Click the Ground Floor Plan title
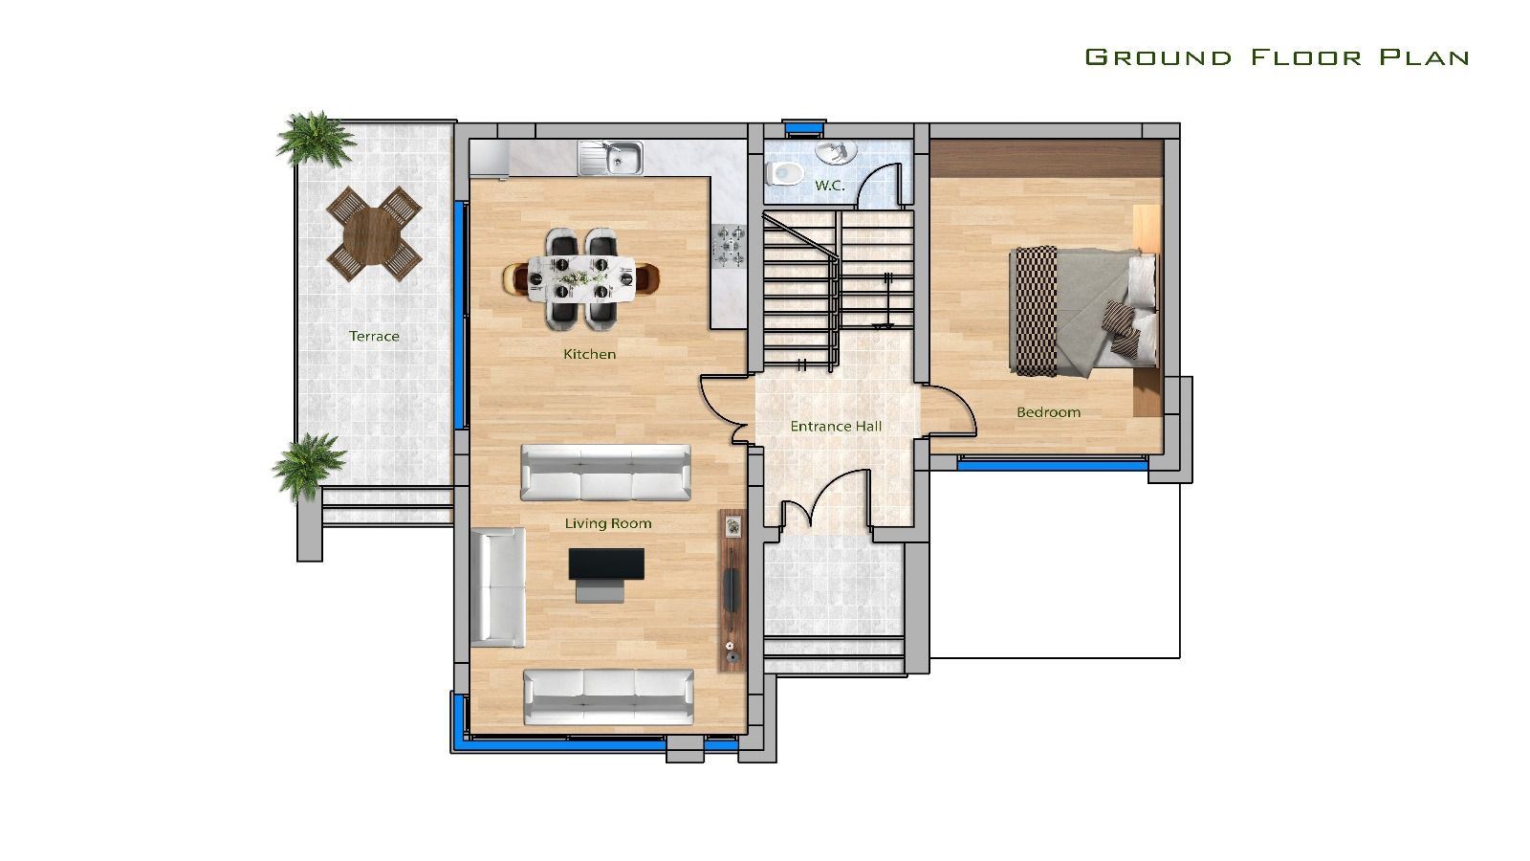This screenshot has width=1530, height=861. point(1277,57)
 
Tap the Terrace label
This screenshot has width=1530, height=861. point(374,337)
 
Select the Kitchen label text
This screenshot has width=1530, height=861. point(589,355)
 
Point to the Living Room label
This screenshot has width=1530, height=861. point(608,524)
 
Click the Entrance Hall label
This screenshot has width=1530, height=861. point(836,427)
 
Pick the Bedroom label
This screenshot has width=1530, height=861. point(1048,412)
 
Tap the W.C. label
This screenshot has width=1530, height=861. point(829,186)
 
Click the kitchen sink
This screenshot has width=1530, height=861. point(612,159)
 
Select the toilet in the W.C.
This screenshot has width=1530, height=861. point(785,173)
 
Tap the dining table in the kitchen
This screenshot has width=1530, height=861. point(582,278)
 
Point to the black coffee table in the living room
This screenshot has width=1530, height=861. point(606,564)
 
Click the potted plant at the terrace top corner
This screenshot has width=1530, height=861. point(313,138)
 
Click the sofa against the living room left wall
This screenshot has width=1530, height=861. point(498,586)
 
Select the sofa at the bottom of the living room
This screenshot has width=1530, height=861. point(608,696)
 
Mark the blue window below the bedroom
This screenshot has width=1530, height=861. point(1052,463)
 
